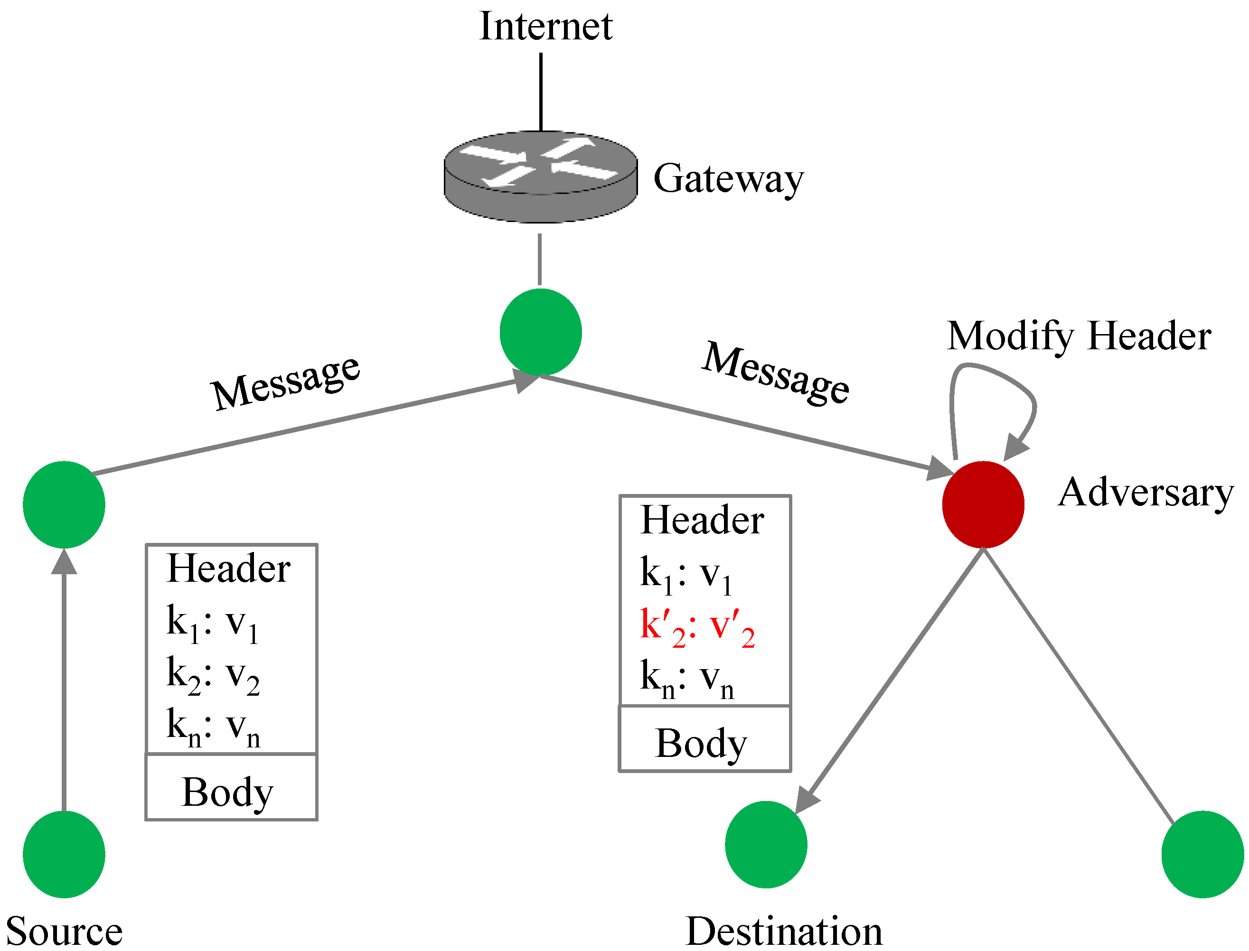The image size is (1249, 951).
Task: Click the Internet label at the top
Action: click(x=545, y=27)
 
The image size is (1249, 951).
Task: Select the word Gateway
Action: click(x=728, y=179)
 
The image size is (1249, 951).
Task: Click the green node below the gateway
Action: click(x=541, y=332)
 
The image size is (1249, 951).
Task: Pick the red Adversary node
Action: click(x=983, y=504)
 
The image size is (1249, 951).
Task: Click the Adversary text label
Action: click(x=1146, y=493)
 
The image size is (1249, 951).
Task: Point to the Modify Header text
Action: click(x=1079, y=336)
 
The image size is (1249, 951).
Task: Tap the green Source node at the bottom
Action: click(x=64, y=854)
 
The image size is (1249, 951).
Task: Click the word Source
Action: click(x=64, y=931)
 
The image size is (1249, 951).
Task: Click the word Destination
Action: click(x=784, y=931)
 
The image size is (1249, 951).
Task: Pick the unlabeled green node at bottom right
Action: click(x=1202, y=854)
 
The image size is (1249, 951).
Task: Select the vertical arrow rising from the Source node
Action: click(x=64, y=679)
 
